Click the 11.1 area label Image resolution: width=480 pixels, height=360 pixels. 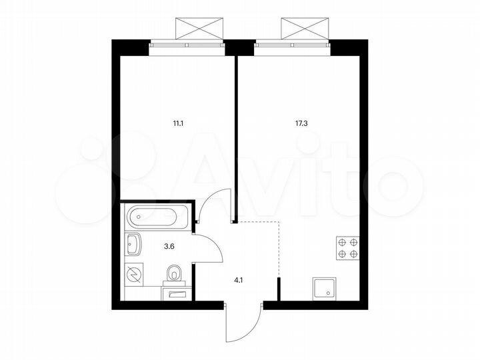[x=177, y=123]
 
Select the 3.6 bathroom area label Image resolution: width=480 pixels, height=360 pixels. [x=170, y=245]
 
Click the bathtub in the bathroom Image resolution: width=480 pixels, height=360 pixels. [x=157, y=216]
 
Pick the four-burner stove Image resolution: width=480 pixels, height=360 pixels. [x=347, y=248]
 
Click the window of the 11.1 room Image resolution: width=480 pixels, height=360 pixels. [x=187, y=45]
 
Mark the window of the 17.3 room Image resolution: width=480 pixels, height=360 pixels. [x=293, y=45]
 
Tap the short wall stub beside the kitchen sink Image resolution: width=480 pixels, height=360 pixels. [x=279, y=291]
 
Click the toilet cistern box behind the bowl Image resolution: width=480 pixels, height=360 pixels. [x=175, y=292]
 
